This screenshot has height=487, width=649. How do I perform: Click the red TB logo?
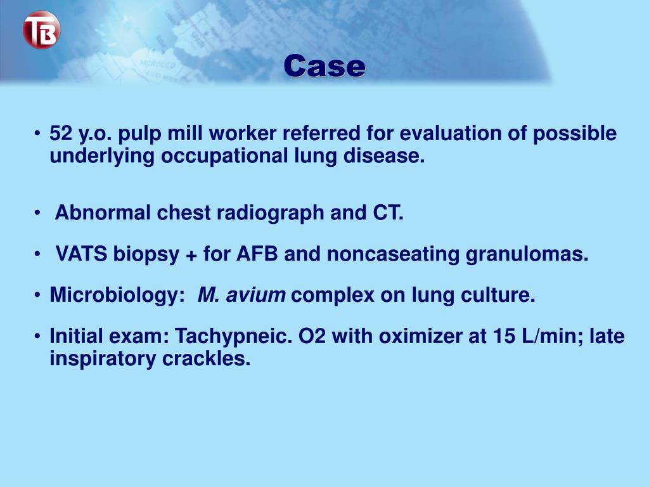coord(41,30)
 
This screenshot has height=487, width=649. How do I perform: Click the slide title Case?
coord(324,66)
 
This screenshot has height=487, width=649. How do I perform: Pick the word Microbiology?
coord(117,295)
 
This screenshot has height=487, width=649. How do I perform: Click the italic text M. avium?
coord(241,295)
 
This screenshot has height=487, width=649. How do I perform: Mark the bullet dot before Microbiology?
coord(39,295)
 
